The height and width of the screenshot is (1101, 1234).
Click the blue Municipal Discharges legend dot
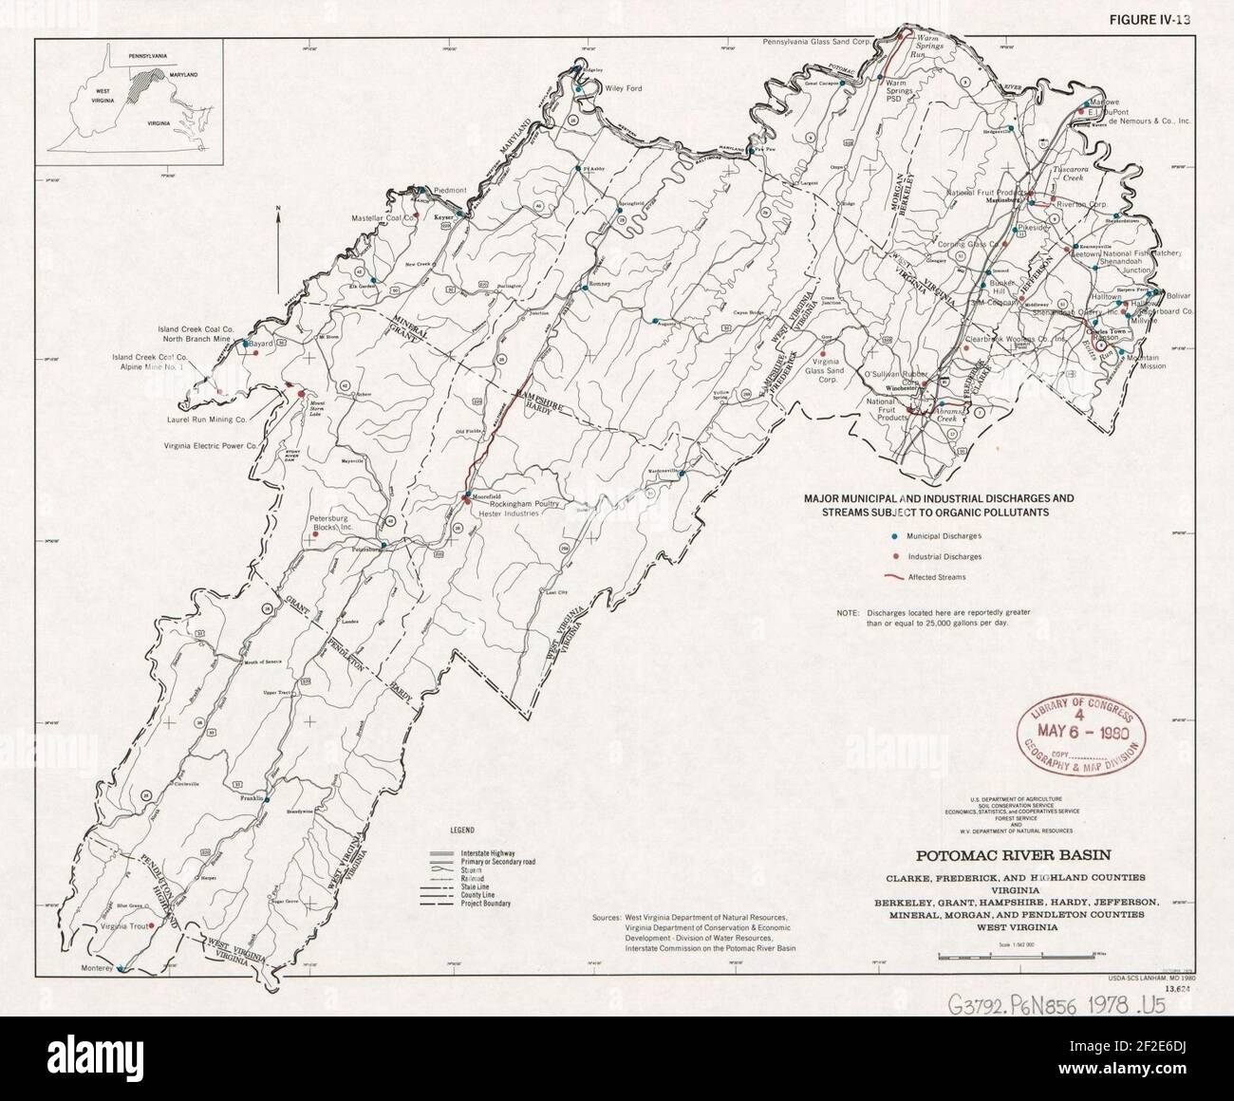click(892, 536)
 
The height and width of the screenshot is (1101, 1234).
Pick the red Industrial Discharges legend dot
click(892, 556)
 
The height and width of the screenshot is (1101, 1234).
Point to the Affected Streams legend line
click(892, 576)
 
